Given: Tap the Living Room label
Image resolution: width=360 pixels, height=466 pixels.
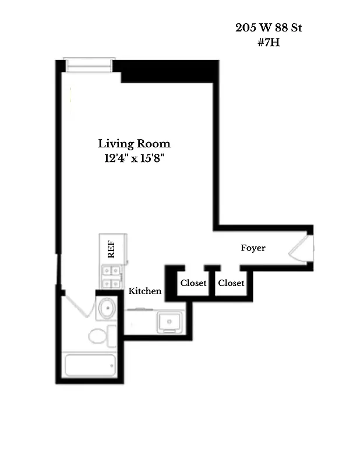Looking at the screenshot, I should (134, 143).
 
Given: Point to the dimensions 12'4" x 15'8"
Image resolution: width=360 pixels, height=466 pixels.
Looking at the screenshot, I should (134, 158).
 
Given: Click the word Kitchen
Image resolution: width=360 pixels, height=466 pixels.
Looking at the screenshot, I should (145, 291).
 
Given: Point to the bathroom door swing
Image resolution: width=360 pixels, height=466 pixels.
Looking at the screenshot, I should (77, 304).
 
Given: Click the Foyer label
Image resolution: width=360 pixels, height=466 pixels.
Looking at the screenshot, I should (253, 248).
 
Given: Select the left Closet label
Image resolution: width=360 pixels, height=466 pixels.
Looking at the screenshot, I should (193, 283).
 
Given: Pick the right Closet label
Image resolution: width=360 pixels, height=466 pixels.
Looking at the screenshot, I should (231, 283).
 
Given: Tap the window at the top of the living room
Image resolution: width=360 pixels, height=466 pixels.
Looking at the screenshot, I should (88, 65).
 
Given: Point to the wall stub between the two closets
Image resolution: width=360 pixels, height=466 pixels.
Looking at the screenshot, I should (212, 270).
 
